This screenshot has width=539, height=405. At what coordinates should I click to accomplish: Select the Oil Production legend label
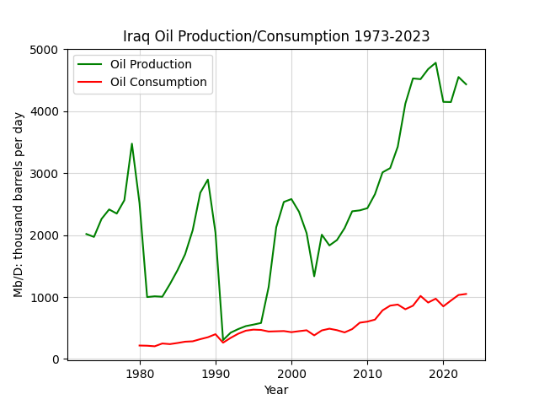tap(151, 64)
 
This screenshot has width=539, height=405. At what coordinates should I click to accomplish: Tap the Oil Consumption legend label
tap(158, 82)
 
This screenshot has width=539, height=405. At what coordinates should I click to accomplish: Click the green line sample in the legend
tap(90, 64)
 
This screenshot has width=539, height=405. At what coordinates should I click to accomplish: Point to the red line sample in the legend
tap(90, 82)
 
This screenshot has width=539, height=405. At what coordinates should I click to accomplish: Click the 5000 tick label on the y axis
tap(44, 50)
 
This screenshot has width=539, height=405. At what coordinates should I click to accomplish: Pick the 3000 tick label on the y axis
tap(44, 174)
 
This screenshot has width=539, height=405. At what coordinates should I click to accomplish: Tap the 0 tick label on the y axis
tap(56, 359)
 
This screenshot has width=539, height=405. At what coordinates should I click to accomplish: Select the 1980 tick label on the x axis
tap(140, 374)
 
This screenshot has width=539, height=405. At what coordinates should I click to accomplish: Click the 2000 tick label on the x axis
tap(291, 374)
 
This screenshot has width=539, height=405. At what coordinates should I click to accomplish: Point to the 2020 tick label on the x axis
tap(444, 374)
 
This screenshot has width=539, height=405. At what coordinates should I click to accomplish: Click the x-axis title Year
tap(276, 390)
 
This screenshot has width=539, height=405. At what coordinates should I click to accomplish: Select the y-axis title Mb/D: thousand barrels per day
tap(19, 205)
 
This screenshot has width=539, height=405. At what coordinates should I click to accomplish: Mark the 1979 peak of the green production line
tap(131, 143)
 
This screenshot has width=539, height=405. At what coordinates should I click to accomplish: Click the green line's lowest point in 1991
tap(222, 340)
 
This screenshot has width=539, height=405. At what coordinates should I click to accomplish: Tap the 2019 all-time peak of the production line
tap(436, 62)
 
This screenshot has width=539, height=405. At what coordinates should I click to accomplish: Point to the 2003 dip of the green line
tap(314, 276)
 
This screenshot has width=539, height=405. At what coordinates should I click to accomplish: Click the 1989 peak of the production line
tap(208, 180)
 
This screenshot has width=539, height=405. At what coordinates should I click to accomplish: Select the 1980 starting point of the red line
tap(140, 345)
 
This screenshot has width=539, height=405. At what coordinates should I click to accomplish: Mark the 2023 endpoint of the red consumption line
tap(466, 294)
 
